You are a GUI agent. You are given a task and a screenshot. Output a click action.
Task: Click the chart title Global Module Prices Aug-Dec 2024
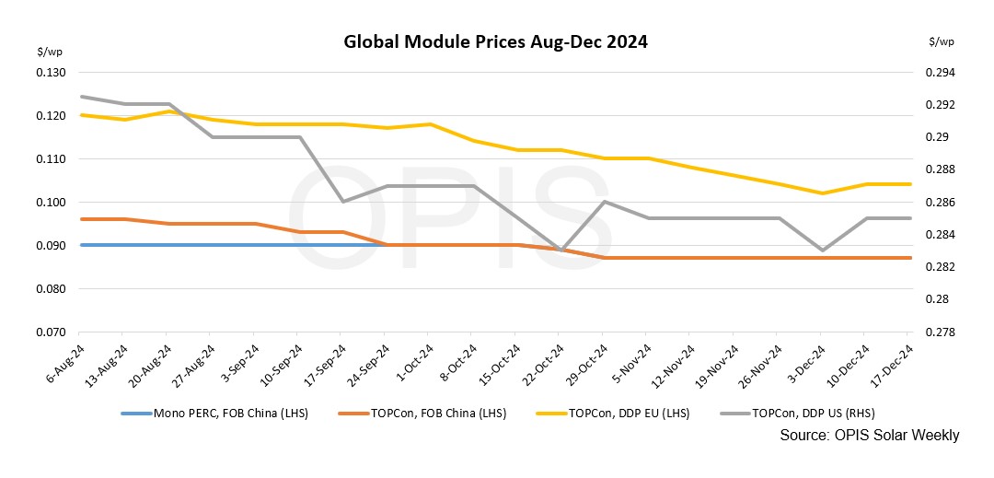tap(495, 42)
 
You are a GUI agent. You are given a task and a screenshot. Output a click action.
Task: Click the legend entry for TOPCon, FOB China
tap(442, 414)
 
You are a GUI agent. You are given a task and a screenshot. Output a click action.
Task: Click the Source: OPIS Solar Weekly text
tap(869, 435)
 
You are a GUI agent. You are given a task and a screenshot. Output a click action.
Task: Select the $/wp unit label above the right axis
tap(942, 41)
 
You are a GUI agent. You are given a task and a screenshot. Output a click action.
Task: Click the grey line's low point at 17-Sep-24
tap(341, 202)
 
